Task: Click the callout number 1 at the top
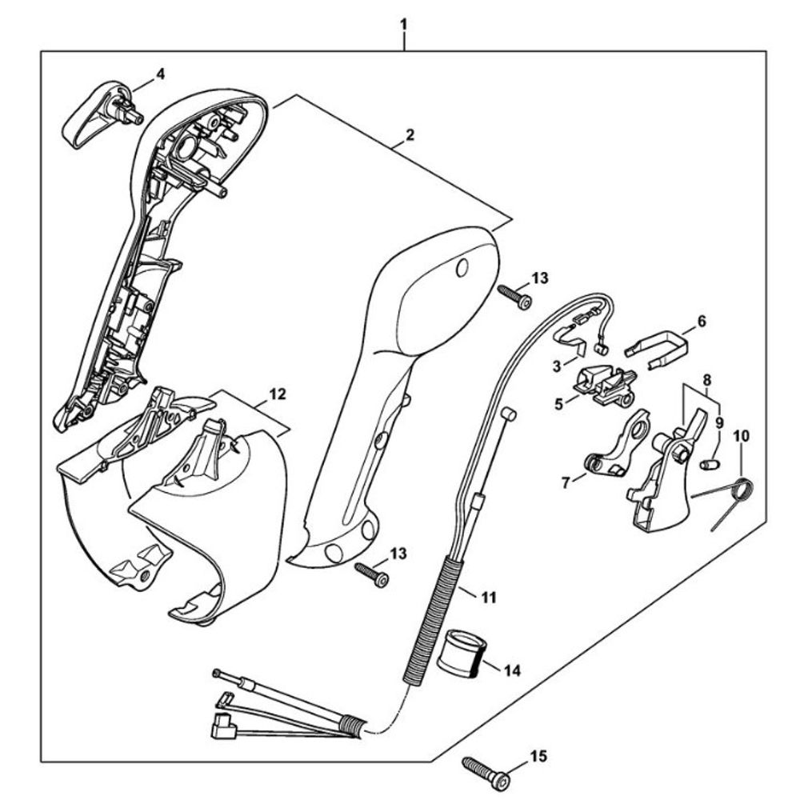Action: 404,25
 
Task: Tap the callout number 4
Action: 160,74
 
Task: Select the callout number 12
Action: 277,394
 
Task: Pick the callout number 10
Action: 741,436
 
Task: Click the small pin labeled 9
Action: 710,465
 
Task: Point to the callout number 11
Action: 488,595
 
